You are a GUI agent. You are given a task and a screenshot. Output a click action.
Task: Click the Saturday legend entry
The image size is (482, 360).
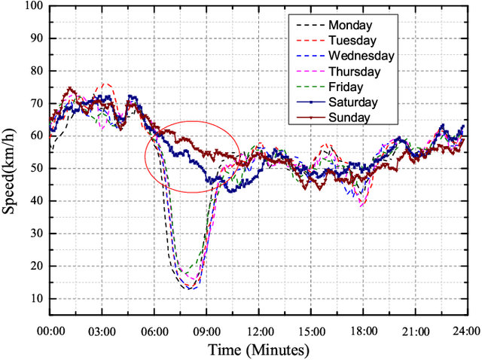pyautogui.click(x=352, y=102)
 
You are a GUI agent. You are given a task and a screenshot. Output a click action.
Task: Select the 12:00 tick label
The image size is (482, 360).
pyautogui.click(x=258, y=332)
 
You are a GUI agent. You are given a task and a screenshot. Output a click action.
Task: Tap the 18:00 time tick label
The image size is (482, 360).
pyautogui.click(x=363, y=332)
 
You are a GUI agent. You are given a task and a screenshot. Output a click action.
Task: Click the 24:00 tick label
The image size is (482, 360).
pyautogui.click(x=465, y=332)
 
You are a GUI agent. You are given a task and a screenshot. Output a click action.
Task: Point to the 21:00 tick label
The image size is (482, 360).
pyautogui.click(x=415, y=332)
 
